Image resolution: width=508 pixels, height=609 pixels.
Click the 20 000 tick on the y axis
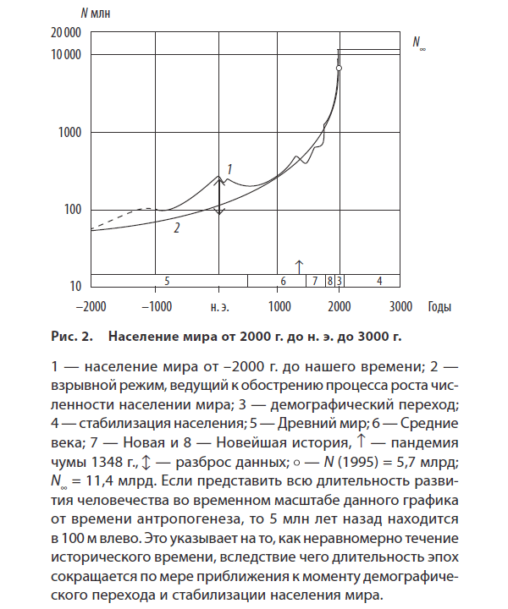click(66, 32)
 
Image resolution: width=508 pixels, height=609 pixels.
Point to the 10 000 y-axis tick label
click(66, 55)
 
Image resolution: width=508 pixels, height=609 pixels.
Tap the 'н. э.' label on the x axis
click(219, 305)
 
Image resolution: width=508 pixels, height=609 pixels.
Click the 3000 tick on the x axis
click(400, 305)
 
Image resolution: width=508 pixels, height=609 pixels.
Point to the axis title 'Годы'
click(439, 305)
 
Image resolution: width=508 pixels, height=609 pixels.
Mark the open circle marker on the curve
click(339, 68)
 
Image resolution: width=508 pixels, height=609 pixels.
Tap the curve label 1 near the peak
click(229, 169)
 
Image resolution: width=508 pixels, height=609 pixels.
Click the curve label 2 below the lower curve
click(176, 228)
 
